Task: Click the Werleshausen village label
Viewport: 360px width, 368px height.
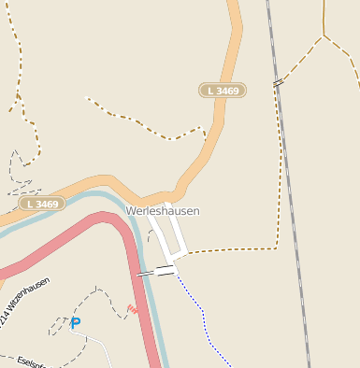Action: (163, 212)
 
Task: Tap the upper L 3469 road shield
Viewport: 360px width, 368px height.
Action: (223, 91)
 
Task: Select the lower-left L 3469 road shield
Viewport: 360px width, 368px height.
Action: (42, 203)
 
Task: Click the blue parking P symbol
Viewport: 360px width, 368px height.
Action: (76, 323)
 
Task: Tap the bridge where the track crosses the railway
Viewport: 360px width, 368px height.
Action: (278, 83)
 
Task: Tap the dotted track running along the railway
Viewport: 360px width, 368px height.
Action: (280, 168)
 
